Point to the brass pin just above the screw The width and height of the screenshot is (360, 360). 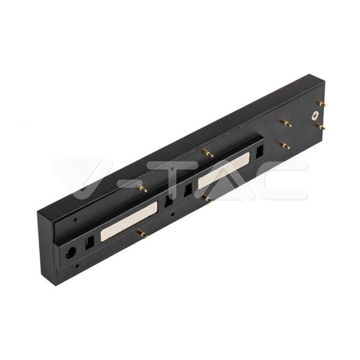(x=322, y=103)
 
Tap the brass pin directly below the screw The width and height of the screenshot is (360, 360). (x=320, y=127)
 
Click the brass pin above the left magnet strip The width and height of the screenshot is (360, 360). (x=142, y=189)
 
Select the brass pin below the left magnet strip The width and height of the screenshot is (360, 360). (x=142, y=234)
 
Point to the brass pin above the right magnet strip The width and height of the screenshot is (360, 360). (x=208, y=154)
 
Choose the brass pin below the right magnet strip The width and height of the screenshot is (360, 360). (x=207, y=198)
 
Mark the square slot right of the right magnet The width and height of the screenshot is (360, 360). (x=259, y=152)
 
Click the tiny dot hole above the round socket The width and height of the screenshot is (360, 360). (x=75, y=220)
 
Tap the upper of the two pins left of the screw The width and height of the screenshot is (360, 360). (x=286, y=123)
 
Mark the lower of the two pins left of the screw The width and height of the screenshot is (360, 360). (x=285, y=145)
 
